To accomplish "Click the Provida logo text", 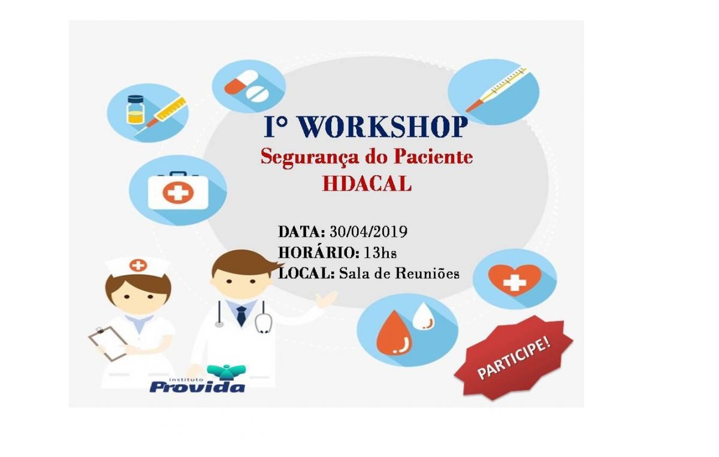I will [197, 386].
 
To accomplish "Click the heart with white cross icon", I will [514, 279].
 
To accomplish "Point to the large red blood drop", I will [394, 332].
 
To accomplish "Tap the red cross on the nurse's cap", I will [138, 264].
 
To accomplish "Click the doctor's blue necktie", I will [241, 315].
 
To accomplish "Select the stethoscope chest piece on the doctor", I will [262, 324].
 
